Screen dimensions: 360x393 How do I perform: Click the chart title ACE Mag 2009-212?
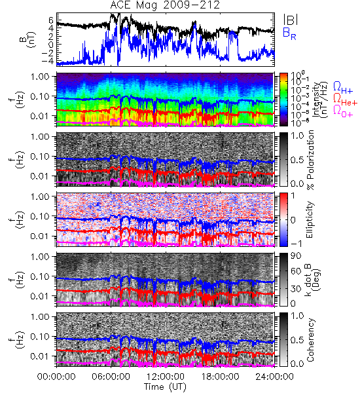click(165, 5)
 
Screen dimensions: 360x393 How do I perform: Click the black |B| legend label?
click(291, 20)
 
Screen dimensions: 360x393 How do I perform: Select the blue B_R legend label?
click(289, 33)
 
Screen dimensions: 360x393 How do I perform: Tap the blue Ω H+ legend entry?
click(343, 88)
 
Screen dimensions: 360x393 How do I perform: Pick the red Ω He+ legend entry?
click(345, 100)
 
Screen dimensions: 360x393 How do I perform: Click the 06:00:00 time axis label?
click(111, 377)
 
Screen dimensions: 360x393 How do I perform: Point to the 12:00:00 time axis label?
click(166, 377)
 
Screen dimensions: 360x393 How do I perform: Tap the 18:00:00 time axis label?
click(220, 377)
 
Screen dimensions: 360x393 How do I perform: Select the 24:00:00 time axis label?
click(274, 377)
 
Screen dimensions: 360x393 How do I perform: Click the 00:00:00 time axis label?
click(56, 377)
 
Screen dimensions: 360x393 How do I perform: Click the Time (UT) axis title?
click(166, 387)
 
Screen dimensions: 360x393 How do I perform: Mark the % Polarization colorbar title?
click(311, 160)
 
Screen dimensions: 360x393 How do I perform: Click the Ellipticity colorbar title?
click(310, 220)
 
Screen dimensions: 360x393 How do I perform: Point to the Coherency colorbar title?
click(310, 340)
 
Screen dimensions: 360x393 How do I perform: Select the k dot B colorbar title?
click(313, 280)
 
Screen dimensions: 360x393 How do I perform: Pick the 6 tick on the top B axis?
click(51, 20)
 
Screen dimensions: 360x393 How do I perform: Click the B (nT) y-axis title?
click(29, 39)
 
